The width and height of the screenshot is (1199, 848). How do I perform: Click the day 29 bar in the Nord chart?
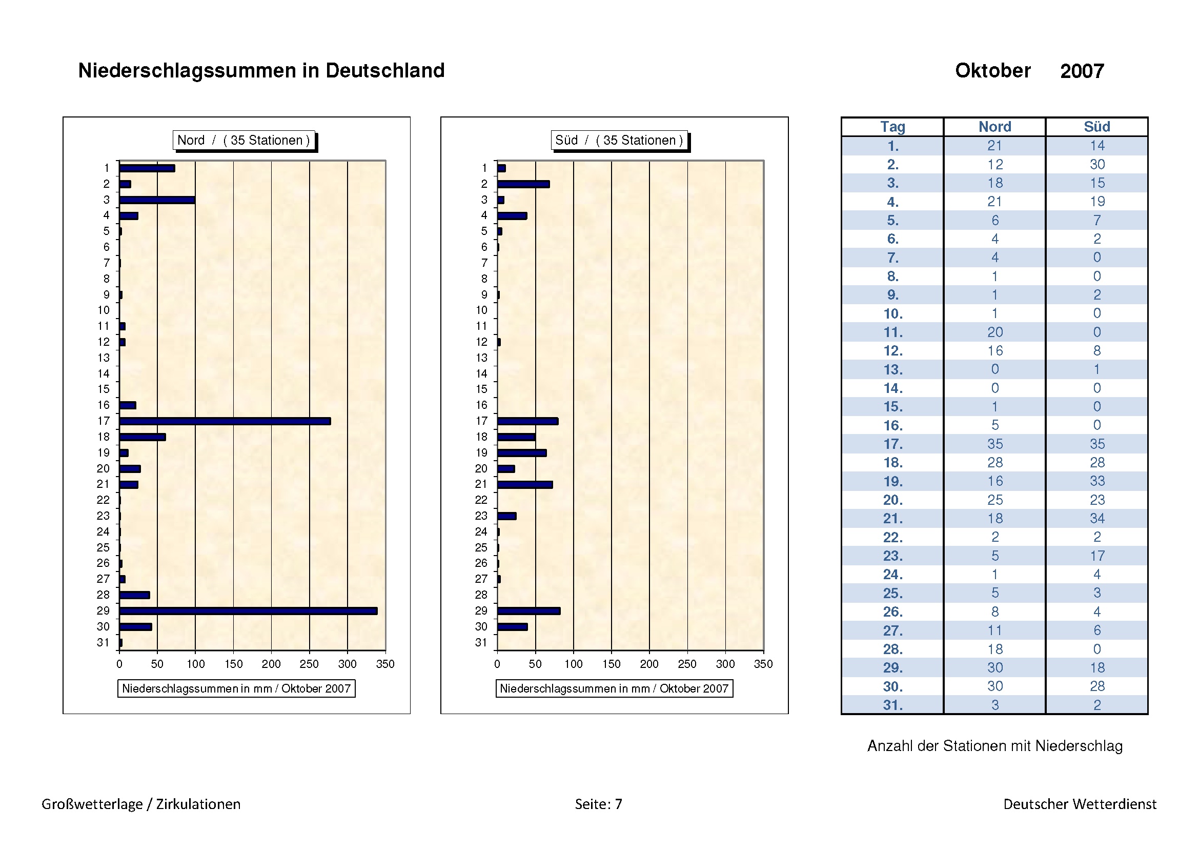pyautogui.click(x=248, y=611)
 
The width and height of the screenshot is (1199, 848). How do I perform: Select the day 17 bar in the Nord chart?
pyautogui.click(x=225, y=421)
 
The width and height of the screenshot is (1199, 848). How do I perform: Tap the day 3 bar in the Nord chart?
pyautogui.click(x=157, y=200)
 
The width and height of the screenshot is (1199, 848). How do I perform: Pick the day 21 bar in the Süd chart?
pyautogui.click(x=525, y=485)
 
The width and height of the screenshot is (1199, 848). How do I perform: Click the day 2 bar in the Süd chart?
pyautogui.click(x=523, y=184)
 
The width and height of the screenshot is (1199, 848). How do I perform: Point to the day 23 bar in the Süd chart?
pyautogui.click(x=506, y=516)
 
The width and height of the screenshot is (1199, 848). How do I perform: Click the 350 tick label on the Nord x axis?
pyautogui.click(x=385, y=664)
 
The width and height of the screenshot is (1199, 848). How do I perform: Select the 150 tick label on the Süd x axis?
pyautogui.click(x=611, y=664)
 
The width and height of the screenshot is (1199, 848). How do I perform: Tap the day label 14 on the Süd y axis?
pyautogui.click(x=481, y=373)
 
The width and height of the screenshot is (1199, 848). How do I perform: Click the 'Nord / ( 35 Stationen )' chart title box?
pyautogui.click(x=243, y=140)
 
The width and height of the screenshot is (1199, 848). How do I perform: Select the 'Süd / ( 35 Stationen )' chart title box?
pyautogui.click(x=619, y=140)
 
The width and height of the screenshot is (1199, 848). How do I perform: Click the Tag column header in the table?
pyautogui.click(x=892, y=126)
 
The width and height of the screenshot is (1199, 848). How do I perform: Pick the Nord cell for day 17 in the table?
pyautogui.click(x=995, y=444)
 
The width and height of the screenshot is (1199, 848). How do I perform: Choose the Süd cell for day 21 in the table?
pyautogui.click(x=1096, y=518)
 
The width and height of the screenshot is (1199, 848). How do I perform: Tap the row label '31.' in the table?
pyautogui.click(x=892, y=705)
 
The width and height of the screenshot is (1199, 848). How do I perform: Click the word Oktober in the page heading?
pyautogui.click(x=993, y=70)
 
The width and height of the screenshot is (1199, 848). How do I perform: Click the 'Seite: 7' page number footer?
pyautogui.click(x=598, y=804)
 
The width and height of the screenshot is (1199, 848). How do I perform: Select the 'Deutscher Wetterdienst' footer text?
pyautogui.click(x=1080, y=804)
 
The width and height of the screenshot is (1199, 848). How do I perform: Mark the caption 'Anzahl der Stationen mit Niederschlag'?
pyautogui.click(x=995, y=745)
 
